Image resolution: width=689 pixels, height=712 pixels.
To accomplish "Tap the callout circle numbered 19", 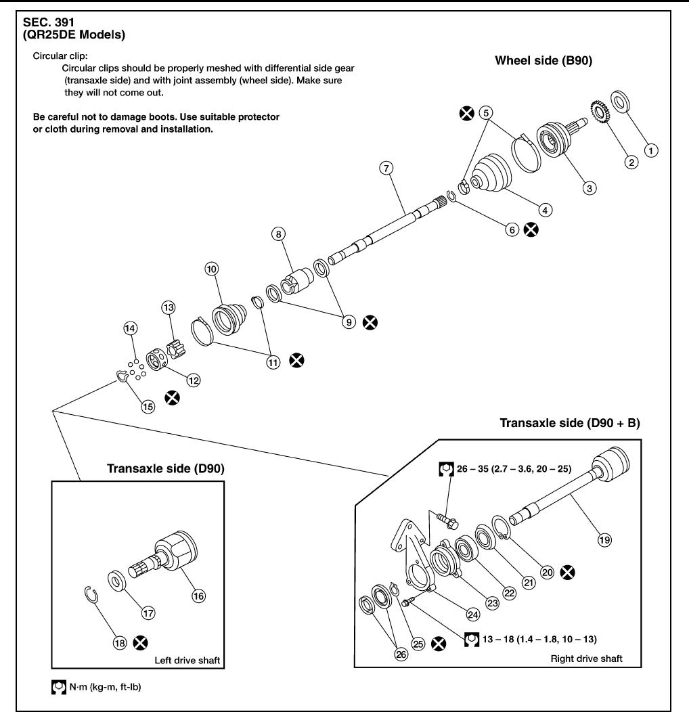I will (604, 539).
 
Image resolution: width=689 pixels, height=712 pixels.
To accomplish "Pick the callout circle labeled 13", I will (168, 307).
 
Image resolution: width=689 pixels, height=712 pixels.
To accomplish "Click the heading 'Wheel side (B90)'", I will (543, 60).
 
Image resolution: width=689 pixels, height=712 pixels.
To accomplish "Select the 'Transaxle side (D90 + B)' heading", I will (570, 424).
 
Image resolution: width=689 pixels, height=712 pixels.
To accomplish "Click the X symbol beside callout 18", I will (142, 642).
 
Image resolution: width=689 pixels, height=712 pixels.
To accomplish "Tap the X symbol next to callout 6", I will (532, 230).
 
